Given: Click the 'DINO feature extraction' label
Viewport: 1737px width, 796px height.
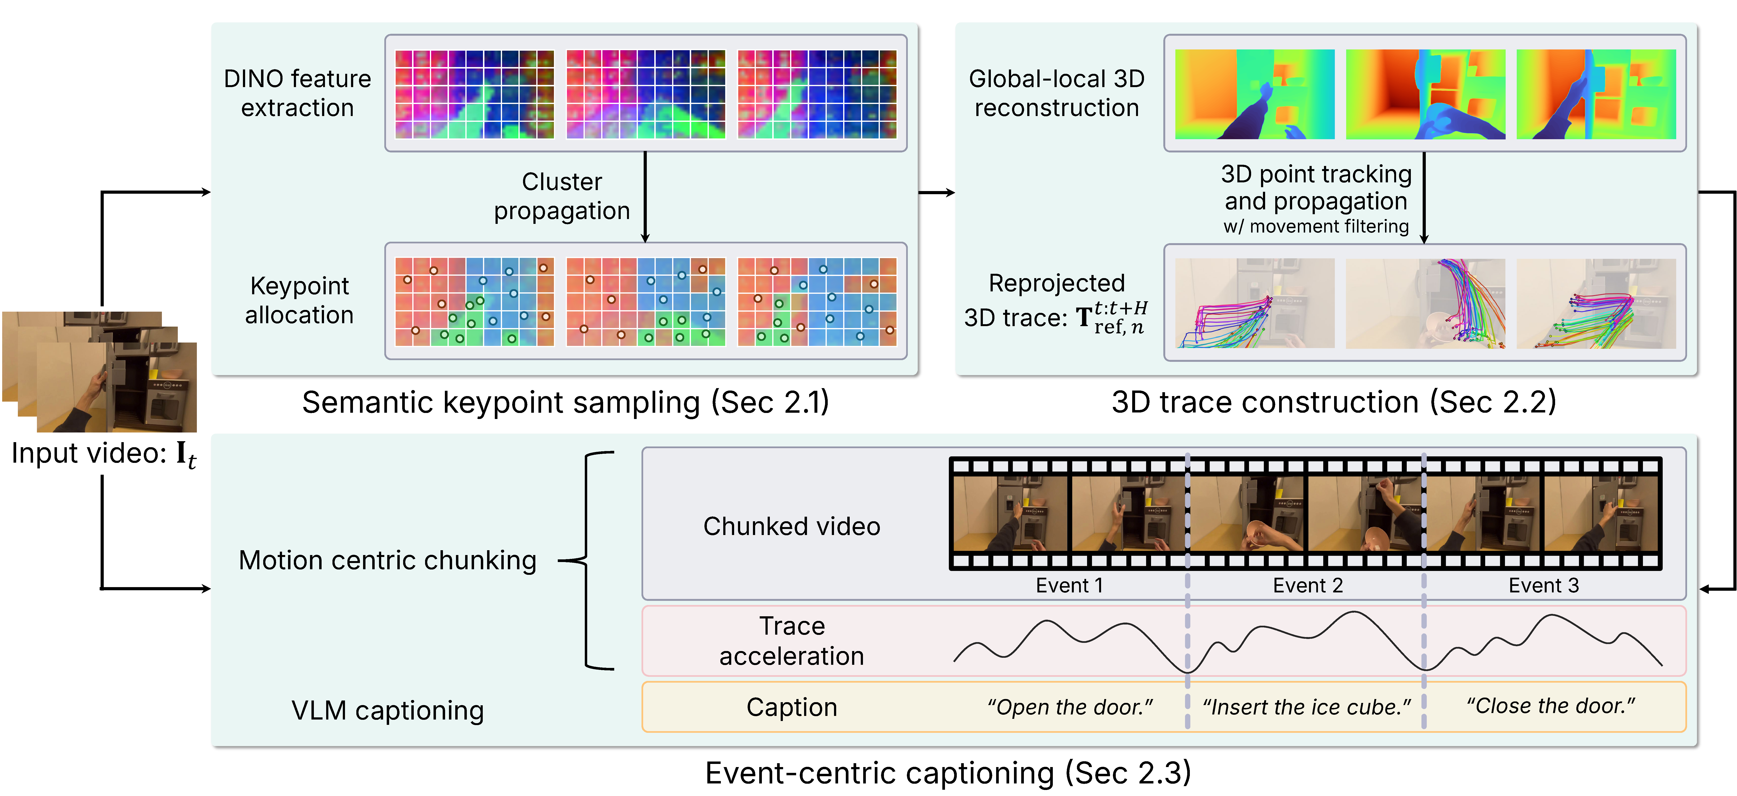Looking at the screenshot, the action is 297,93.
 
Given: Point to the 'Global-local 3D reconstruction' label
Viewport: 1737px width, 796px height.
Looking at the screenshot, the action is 1057,93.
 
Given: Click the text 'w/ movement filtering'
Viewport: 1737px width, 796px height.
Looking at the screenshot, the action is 1316,226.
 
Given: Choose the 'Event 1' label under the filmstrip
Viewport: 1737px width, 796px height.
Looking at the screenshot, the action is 1069,585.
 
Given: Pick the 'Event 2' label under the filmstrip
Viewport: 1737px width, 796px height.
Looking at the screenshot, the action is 1308,585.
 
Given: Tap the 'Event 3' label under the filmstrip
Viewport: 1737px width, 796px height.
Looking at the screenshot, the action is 1544,585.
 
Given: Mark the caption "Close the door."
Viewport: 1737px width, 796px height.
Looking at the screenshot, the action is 1550,706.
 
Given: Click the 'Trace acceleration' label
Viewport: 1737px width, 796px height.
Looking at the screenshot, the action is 792,641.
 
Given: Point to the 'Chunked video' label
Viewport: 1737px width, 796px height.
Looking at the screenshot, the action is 792,526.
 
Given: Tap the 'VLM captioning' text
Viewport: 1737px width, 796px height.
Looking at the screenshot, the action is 388,710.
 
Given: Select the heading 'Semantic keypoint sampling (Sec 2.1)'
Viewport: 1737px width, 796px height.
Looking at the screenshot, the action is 565,402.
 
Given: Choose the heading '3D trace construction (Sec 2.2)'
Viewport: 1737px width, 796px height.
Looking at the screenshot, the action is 1334,402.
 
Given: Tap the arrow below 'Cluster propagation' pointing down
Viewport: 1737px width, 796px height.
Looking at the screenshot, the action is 645,197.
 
